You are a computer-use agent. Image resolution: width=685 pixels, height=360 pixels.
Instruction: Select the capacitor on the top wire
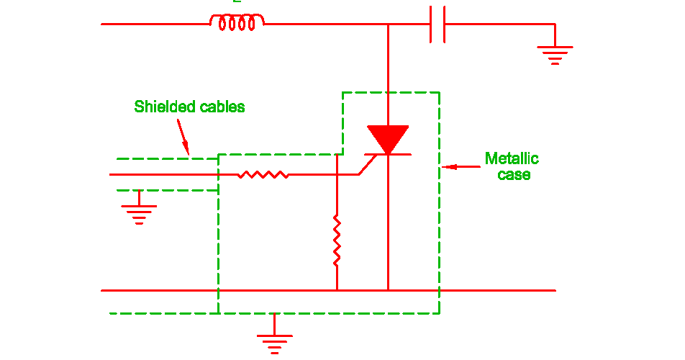point(437,24)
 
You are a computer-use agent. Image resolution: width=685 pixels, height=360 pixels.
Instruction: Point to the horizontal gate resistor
point(263,174)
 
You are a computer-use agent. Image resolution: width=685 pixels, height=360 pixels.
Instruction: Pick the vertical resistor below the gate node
point(337,240)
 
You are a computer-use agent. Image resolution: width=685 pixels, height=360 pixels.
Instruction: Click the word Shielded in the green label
point(163,107)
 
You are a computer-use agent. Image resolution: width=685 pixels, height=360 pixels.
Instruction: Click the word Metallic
point(512,159)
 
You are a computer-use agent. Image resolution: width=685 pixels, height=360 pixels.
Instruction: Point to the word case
point(514,175)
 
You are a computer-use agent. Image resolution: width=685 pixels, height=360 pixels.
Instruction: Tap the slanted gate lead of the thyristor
point(368,165)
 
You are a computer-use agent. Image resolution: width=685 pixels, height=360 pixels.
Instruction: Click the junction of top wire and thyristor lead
point(388,24)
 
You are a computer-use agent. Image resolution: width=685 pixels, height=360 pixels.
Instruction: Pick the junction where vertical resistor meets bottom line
point(337,290)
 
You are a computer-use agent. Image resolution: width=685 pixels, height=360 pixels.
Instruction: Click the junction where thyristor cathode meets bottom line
point(388,290)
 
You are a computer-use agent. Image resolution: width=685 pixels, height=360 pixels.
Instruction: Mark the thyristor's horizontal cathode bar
point(388,155)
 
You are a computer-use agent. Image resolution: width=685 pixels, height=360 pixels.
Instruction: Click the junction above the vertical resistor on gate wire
point(337,174)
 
